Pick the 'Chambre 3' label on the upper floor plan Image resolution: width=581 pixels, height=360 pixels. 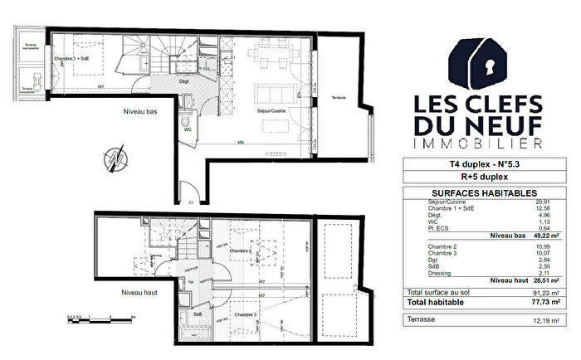(x=243, y=315)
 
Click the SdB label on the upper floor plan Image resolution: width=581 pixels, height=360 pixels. (x=198, y=314)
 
